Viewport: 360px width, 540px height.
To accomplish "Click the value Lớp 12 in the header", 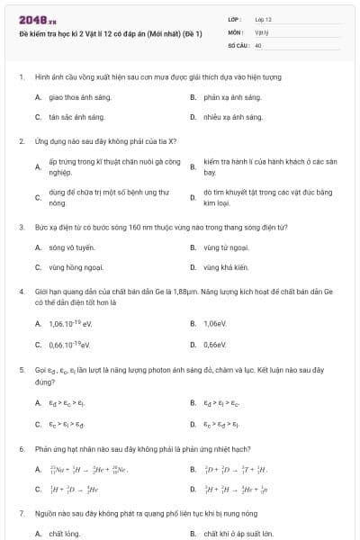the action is click(x=263, y=18).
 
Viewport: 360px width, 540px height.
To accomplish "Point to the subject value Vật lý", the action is click(x=260, y=31).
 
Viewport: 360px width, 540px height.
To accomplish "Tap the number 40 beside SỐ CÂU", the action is click(x=258, y=44).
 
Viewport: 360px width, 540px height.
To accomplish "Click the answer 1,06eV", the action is click(x=214, y=323).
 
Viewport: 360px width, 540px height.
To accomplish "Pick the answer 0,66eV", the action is click(x=214, y=344).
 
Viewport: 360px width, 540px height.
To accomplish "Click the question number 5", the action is click(x=21, y=370).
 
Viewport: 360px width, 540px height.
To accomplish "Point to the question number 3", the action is click(x=21, y=227).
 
